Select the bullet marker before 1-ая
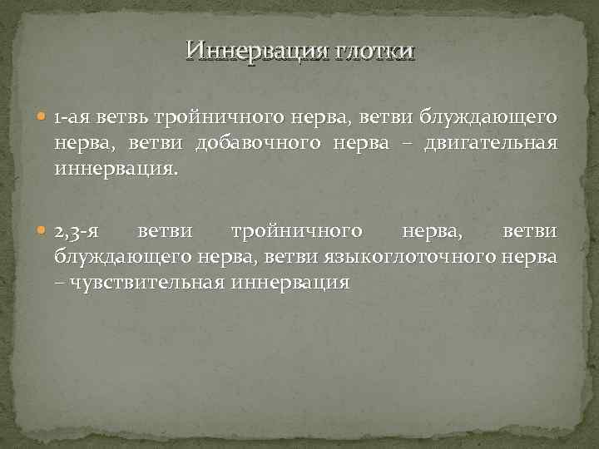(x=44, y=120)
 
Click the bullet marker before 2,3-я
(x=44, y=229)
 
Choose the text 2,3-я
(x=79, y=229)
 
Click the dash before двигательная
(x=430, y=146)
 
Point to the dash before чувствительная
(x=61, y=282)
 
